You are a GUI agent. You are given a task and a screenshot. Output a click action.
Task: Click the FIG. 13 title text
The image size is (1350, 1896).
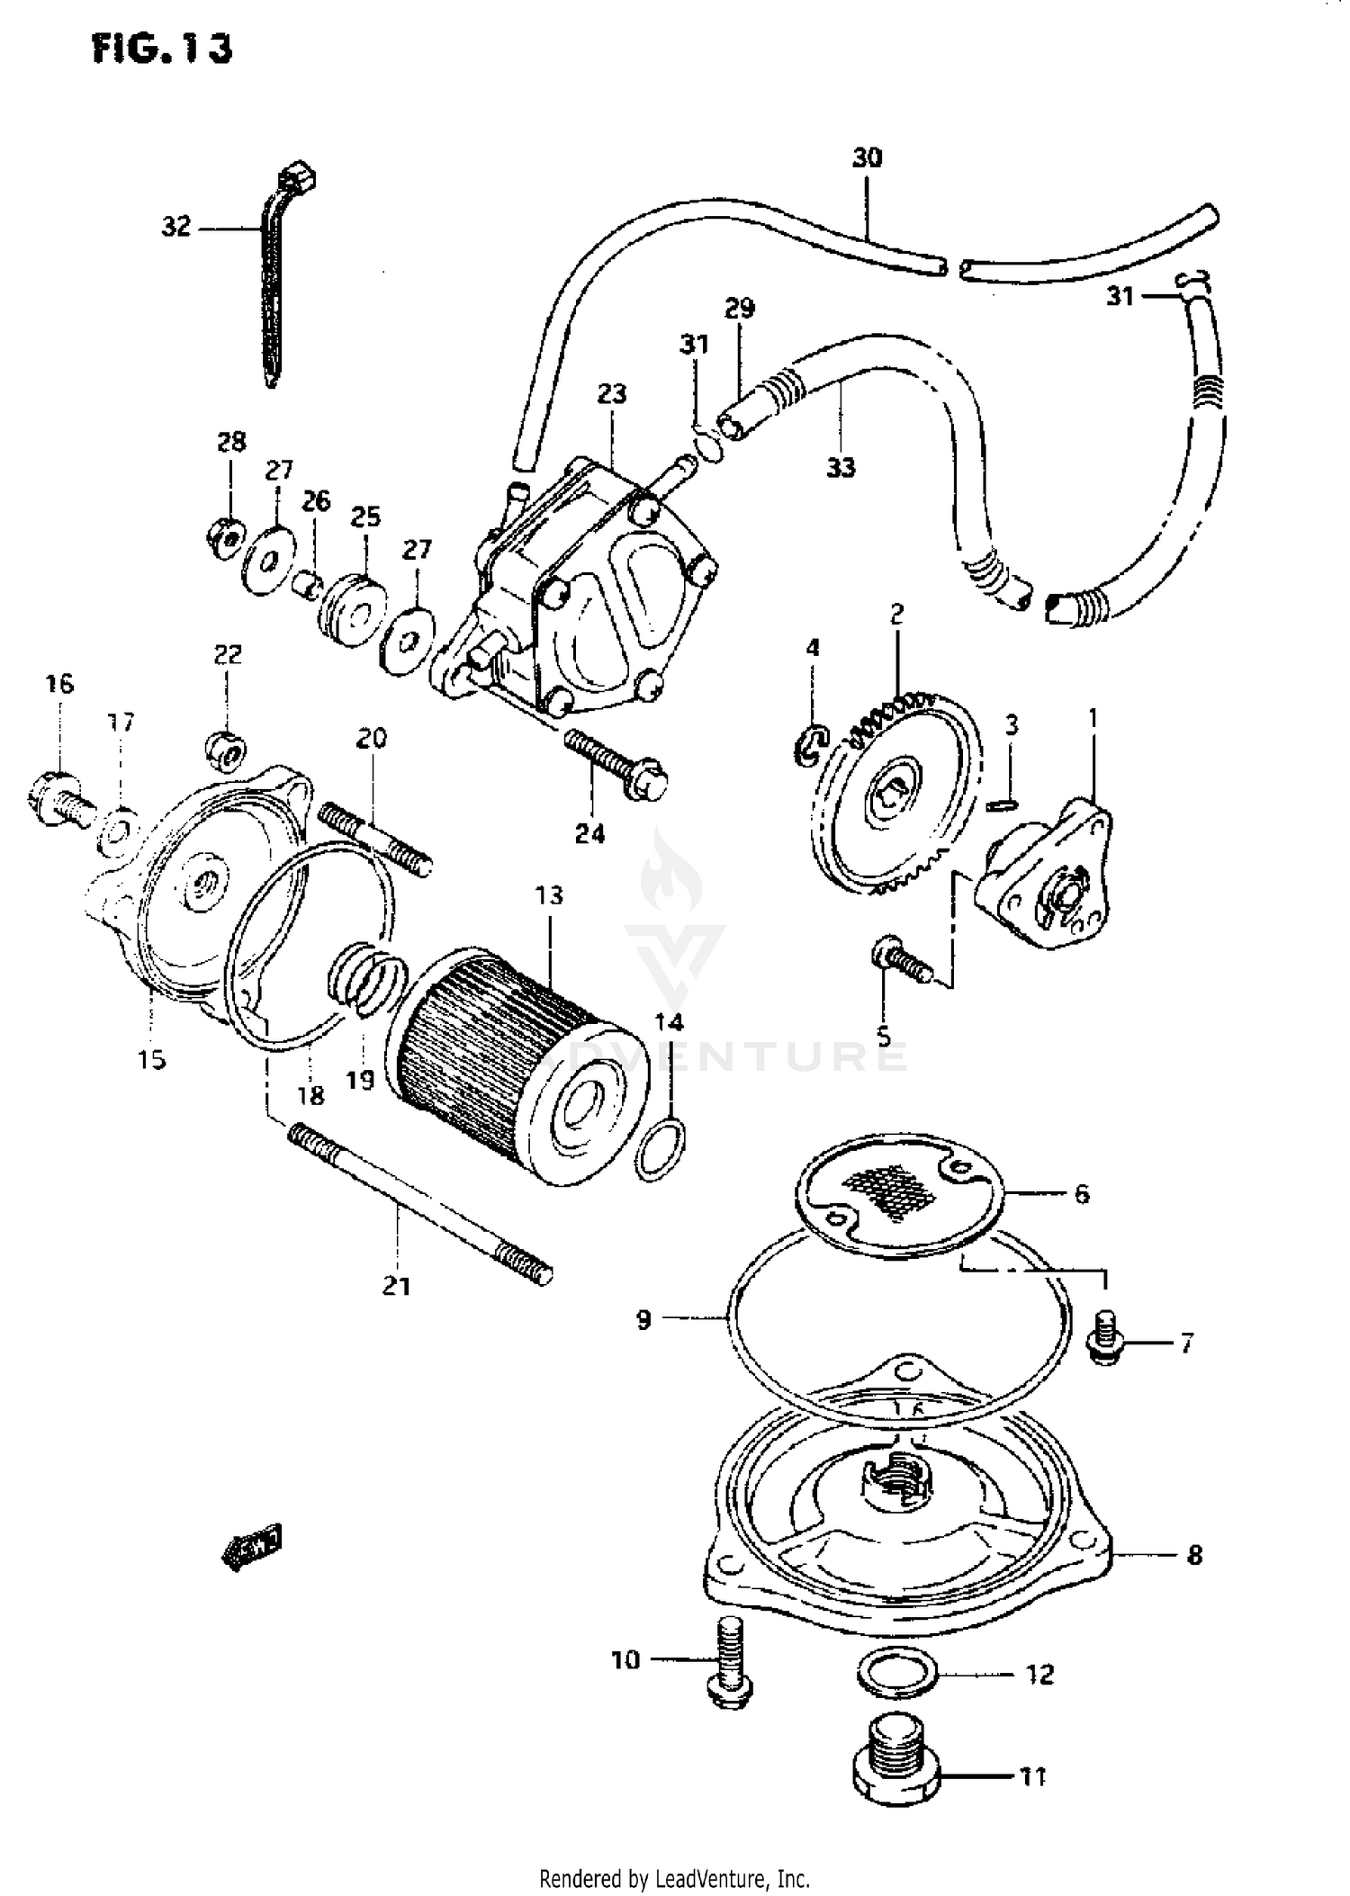[x=162, y=49]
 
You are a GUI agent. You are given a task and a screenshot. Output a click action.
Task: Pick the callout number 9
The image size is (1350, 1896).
[x=643, y=1319]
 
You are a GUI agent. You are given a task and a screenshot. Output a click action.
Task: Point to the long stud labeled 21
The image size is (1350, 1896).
[x=418, y=1206]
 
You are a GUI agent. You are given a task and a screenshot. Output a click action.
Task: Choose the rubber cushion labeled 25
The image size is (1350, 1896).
[x=353, y=610]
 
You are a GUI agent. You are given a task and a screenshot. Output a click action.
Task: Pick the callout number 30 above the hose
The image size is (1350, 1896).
[x=867, y=158]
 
